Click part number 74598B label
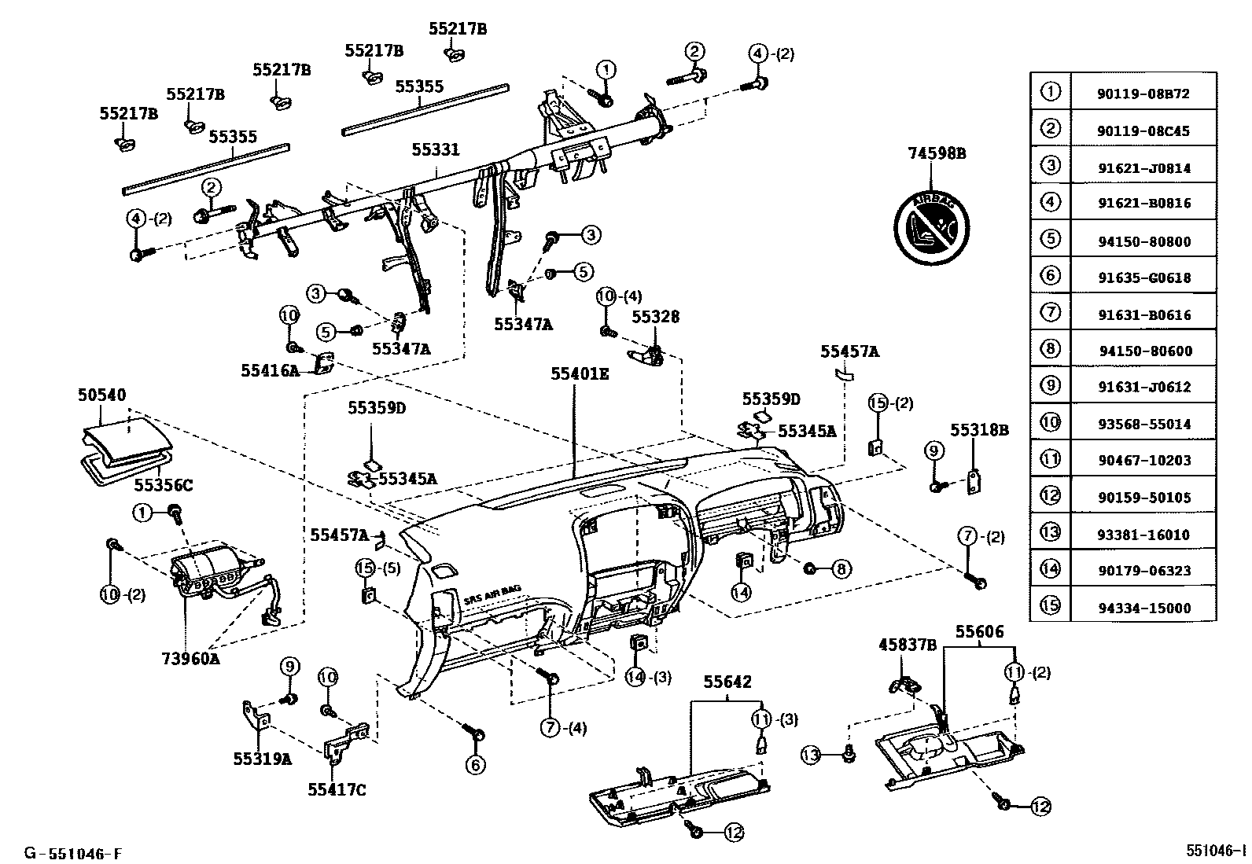coord(937,154)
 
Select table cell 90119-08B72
coord(1143,94)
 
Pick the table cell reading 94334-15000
coord(1143,608)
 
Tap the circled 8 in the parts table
coord(1050,349)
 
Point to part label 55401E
coord(579,374)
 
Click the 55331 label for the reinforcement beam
coord(436,150)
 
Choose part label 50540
coord(101,395)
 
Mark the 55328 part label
coord(656,317)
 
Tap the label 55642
coord(727,682)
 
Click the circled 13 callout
coord(810,756)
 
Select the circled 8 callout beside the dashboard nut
coord(841,568)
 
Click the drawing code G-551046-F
coord(72,853)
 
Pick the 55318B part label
coord(979,430)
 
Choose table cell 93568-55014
coord(1143,424)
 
